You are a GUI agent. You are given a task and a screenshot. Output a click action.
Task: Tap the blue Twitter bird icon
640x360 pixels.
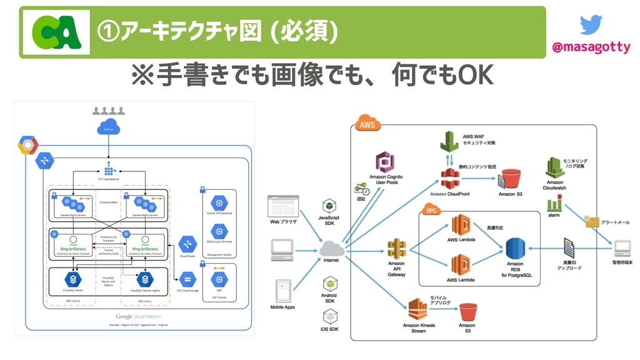(591, 24)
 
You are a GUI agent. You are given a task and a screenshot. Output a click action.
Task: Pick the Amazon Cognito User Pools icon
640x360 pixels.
(386, 163)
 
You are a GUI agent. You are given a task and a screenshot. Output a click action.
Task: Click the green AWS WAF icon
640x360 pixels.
(449, 143)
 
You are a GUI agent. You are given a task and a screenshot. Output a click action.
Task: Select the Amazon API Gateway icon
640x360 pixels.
(397, 249)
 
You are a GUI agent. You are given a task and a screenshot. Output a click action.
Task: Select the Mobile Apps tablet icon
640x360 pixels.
(283, 291)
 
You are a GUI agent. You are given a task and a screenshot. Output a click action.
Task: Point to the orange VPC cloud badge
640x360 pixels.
(432, 211)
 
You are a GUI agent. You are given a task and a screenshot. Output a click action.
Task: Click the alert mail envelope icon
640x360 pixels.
(590, 221)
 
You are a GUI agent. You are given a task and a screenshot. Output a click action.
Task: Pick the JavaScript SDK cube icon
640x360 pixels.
(330, 207)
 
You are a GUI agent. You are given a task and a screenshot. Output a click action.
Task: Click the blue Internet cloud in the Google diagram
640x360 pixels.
(109, 127)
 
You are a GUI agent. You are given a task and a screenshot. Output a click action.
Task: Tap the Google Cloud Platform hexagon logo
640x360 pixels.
(28, 146)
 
